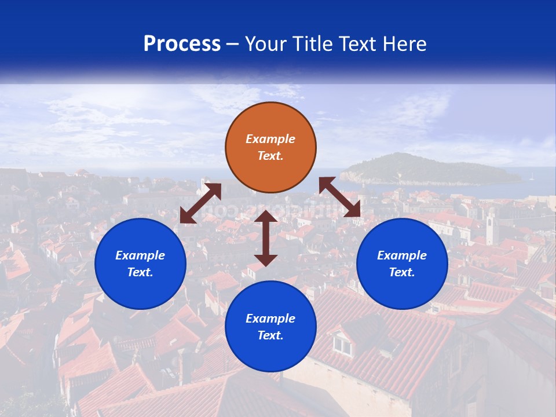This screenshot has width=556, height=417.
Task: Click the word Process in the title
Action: click(x=182, y=44)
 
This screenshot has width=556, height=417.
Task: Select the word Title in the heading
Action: click(x=315, y=44)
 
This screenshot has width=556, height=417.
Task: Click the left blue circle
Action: click(x=140, y=264)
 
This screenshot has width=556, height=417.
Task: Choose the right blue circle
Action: click(x=402, y=264)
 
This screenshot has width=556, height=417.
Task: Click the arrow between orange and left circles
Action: click(x=200, y=203)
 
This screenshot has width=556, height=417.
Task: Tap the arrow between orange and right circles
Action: click(x=340, y=197)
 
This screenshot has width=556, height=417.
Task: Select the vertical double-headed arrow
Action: click(x=266, y=238)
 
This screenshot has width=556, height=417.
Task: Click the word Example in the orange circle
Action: click(x=270, y=139)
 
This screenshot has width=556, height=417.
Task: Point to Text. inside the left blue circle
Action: click(x=140, y=272)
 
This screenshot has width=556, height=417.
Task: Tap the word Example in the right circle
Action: click(x=402, y=255)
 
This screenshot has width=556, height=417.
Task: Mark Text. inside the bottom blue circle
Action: click(x=270, y=335)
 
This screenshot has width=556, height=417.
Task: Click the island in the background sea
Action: click(x=429, y=170)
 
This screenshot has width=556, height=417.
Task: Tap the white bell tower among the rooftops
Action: click(x=491, y=226)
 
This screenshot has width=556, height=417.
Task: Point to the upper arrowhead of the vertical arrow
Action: click(x=266, y=217)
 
